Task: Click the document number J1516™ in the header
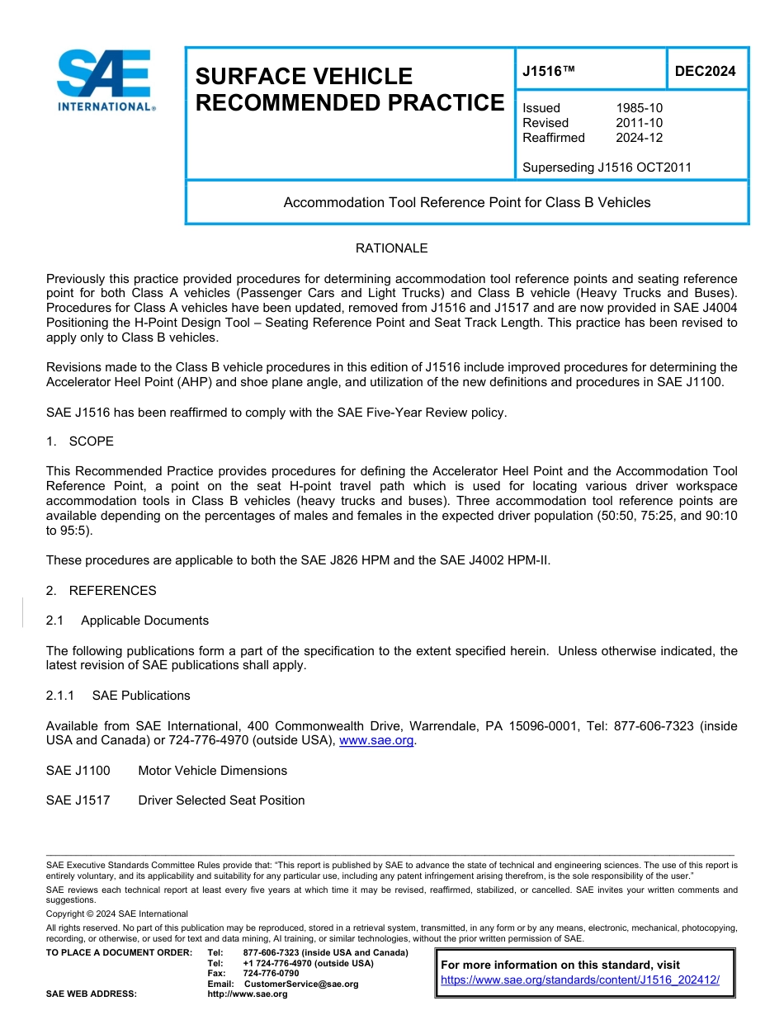(x=548, y=72)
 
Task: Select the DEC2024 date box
(x=705, y=72)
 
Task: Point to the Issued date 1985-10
(x=639, y=108)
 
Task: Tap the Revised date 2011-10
(x=639, y=123)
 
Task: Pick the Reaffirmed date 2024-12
(x=639, y=138)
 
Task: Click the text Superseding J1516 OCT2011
(x=607, y=168)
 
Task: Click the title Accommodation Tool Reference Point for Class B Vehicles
(x=467, y=202)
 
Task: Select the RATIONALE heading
(x=391, y=248)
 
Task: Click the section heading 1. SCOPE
(x=80, y=441)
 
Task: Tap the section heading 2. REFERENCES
(x=101, y=591)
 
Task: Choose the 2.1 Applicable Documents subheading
(x=127, y=621)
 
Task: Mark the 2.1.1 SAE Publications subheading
(x=118, y=696)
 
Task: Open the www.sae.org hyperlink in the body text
(x=376, y=741)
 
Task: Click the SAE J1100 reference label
(x=78, y=771)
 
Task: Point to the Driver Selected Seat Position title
(x=221, y=800)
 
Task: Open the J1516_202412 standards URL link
(x=580, y=980)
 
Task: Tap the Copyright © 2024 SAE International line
(x=117, y=913)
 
